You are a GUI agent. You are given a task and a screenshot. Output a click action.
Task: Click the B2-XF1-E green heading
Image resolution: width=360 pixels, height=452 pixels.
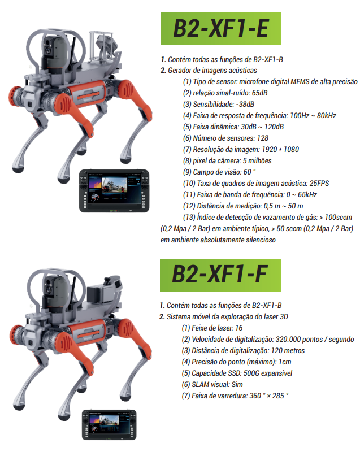coord(220,29)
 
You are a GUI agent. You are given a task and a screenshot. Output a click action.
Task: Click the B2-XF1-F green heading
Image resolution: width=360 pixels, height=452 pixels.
coord(220,275)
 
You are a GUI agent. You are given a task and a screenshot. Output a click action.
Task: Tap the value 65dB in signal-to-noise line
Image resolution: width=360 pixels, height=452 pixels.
coord(259,93)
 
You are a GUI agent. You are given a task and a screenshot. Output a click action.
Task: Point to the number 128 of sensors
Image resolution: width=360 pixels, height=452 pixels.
coord(263,138)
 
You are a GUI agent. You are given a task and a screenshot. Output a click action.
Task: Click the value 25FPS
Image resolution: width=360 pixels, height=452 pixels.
coord(319,183)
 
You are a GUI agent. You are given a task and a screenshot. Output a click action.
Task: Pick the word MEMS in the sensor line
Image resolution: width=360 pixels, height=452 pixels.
coord(300,82)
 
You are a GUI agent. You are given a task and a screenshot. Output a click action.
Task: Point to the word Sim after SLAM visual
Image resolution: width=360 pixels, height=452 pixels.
coord(237,385)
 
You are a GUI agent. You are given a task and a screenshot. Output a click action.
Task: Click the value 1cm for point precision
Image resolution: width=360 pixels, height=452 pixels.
coord(285,362)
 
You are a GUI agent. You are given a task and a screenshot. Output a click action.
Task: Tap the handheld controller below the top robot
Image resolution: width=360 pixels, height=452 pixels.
coord(114,191)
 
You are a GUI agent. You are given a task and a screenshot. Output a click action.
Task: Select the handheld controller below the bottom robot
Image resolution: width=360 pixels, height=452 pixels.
coord(109,425)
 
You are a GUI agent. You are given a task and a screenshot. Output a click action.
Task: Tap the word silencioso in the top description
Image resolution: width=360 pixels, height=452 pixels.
coord(261,240)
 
